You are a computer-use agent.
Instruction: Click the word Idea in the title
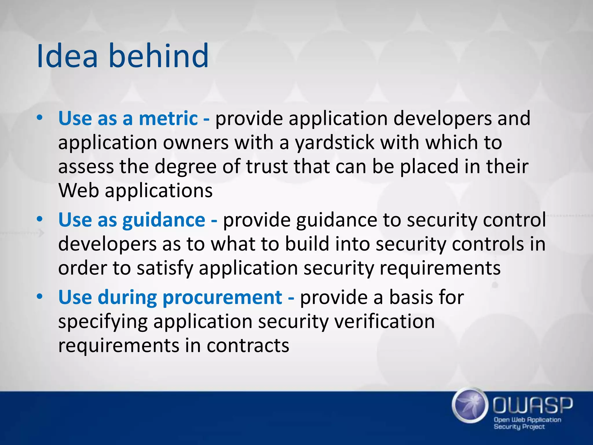pos(67,56)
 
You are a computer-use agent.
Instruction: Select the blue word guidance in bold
pos(164,220)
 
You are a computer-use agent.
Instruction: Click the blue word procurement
pos(222,298)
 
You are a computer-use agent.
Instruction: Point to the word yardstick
pos(335,143)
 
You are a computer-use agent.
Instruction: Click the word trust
pos(267,167)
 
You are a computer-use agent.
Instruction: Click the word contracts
pos(248,346)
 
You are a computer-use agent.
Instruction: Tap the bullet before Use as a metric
pos(40,118)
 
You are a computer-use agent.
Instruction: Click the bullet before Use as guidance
pos(40,219)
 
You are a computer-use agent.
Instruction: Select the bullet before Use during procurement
pos(40,297)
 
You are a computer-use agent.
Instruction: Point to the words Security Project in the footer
pos(519,427)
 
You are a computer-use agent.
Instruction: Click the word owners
pos(196,143)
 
